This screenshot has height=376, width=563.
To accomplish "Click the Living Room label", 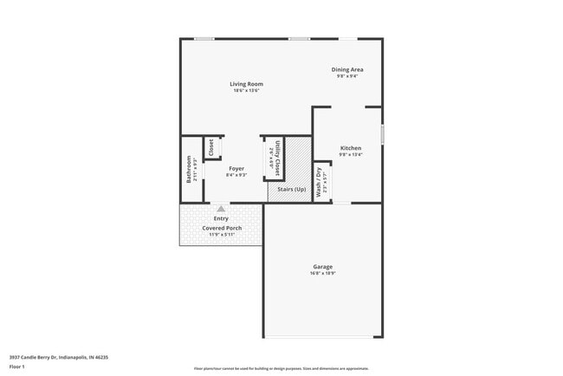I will pos(246,83).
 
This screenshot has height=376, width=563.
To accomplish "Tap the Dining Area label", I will pos(347,69).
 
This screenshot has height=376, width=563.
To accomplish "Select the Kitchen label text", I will pos(350,148).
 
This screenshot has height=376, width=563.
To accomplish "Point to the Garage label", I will pos(323,266).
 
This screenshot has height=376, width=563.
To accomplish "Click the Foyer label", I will pos(236,168).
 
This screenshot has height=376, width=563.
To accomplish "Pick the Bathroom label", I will pos(189,169).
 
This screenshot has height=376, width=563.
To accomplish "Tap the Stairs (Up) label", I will pos(290,189).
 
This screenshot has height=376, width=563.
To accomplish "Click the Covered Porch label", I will pos(222,228).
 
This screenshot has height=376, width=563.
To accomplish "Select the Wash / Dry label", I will pos(319,183).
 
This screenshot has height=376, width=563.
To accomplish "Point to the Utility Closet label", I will pos(277,159).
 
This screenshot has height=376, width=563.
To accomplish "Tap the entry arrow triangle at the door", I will pos(222,209).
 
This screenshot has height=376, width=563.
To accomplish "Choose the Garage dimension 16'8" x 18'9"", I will pos(323,273).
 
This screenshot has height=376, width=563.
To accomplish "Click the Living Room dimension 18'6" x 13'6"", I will pos(247,90).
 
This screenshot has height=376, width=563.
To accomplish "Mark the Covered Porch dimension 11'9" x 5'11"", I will pos(222,235).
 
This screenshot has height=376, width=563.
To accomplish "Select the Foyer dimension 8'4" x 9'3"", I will pos(236,175).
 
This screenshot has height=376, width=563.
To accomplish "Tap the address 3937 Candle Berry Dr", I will pos(58,357).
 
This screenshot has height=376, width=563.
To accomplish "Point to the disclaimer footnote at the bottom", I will pos(281,368).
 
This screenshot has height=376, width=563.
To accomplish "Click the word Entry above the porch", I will pos(222,218).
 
